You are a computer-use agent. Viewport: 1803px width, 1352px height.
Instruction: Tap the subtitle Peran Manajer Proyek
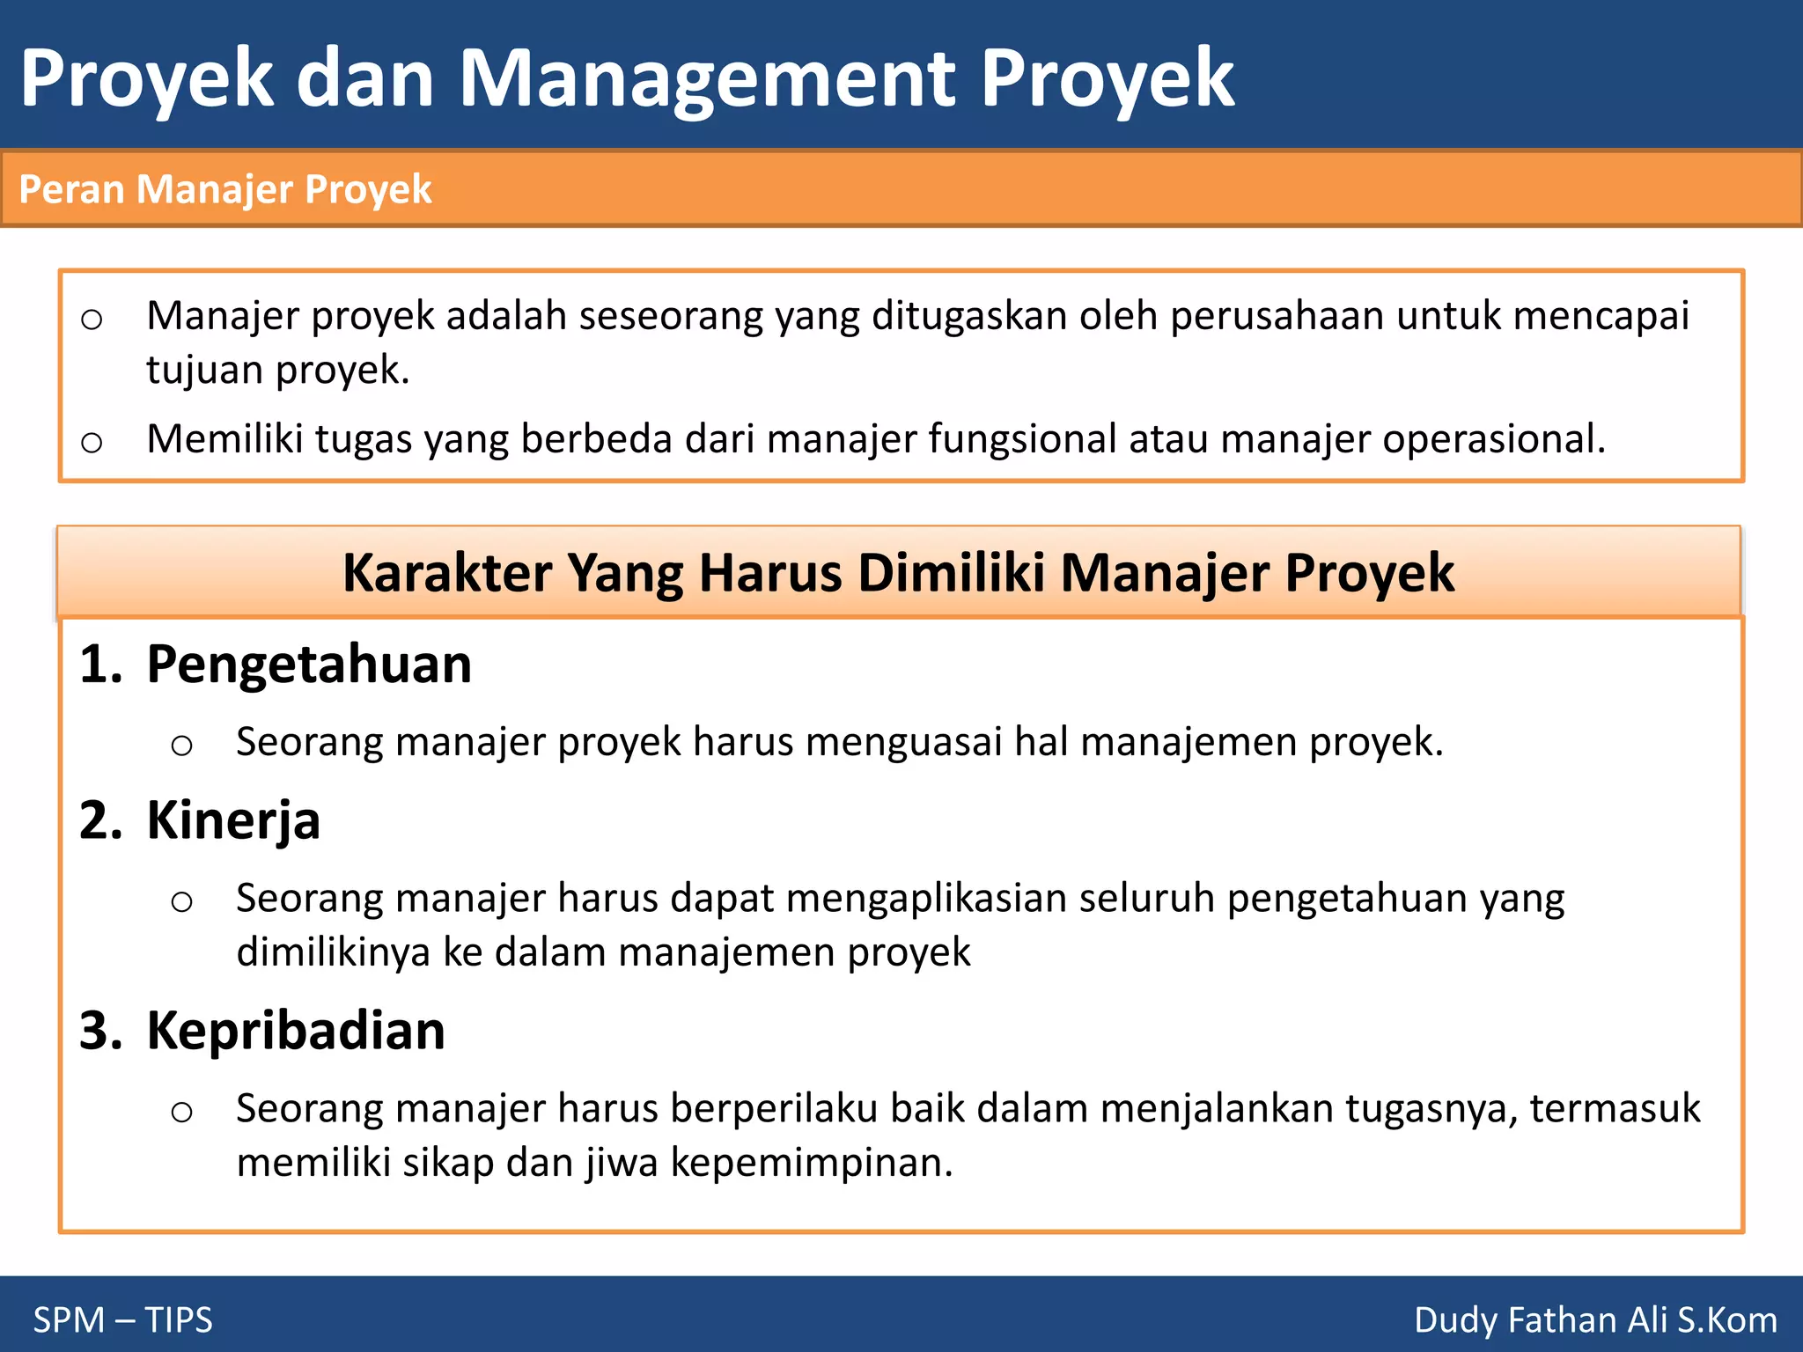(225, 189)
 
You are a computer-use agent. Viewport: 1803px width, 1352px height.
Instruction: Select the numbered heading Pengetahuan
(309, 664)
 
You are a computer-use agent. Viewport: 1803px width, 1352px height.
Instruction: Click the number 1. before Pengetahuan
(100, 664)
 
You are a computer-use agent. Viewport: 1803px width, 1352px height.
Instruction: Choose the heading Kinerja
(233, 820)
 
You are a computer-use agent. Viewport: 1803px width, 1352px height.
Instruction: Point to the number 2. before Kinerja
(100, 820)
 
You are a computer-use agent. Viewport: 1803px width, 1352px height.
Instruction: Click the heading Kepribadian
(296, 1031)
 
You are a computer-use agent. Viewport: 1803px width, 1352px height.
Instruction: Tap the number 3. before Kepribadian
(100, 1031)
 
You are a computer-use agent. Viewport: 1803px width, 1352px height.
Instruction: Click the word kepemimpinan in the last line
(811, 1163)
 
